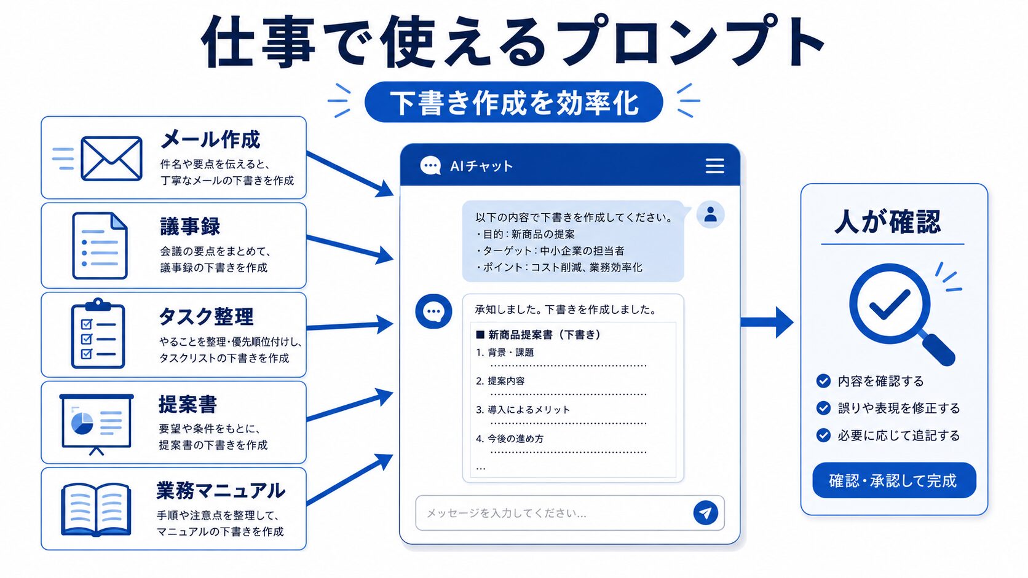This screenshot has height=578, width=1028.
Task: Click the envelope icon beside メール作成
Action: point(111,158)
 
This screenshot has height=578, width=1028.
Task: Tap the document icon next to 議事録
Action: point(100,245)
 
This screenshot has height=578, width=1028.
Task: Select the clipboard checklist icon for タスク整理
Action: point(98,333)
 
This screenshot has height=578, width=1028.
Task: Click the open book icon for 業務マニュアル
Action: point(96,509)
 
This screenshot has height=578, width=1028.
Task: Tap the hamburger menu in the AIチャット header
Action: point(714,165)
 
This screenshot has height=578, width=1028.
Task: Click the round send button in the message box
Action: point(705,512)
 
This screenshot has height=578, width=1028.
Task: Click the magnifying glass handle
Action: point(938,350)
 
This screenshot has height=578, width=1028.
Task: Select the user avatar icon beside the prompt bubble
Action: point(710,214)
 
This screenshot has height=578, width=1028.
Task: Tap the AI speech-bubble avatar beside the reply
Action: point(433,311)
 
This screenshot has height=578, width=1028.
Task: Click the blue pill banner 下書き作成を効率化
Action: point(513,102)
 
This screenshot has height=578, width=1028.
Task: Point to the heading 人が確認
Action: point(888,222)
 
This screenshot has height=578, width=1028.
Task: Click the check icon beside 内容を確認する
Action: point(823,381)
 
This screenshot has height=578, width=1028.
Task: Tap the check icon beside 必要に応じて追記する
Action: point(823,435)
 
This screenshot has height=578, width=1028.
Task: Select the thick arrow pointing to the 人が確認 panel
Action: point(767,322)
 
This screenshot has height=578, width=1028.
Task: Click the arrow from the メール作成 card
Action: point(350,174)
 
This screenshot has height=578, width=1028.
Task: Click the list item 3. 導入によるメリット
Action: point(523,410)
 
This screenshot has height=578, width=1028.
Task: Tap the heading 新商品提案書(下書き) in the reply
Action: point(539,335)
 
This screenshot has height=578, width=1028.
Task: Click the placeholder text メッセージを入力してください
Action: point(506,513)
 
